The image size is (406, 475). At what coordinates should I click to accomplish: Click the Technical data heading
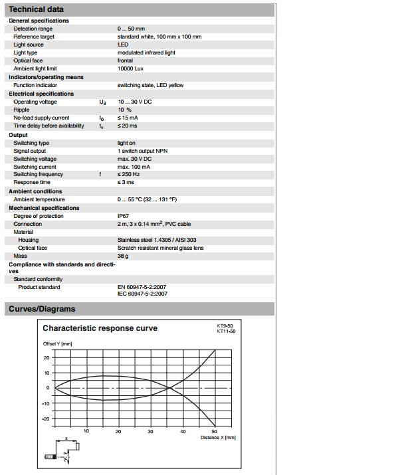(x=37, y=10)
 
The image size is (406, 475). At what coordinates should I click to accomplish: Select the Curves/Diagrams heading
(x=41, y=309)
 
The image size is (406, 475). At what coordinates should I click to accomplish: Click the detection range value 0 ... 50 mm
(x=132, y=29)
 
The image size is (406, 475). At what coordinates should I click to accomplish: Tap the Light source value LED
(x=123, y=45)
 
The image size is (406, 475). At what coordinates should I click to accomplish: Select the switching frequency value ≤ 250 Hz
(x=129, y=174)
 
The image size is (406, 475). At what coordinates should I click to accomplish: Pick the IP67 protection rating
(x=124, y=216)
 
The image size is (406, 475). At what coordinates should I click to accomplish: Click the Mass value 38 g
(x=122, y=256)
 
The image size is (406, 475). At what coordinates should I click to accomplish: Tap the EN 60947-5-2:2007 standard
(x=142, y=287)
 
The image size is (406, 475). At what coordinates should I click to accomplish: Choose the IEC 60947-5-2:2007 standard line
(x=142, y=294)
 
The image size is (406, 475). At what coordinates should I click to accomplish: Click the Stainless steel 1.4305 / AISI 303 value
(x=156, y=240)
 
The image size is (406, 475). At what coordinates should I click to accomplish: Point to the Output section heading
(x=18, y=135)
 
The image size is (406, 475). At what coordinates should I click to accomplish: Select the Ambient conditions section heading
(x=35, y=191)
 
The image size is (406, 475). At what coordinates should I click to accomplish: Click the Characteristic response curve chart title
(x=100, y=328)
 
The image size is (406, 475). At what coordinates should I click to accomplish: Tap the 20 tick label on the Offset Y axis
(x=47, y=357)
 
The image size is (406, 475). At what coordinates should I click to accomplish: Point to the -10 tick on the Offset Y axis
(x=46, y=403)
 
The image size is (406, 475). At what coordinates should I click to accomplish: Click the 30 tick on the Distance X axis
(x=150, y=431)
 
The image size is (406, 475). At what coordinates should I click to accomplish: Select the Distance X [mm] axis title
(x=218, y=438)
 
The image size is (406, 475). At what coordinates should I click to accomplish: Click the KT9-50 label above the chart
(x=225, y=326)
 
